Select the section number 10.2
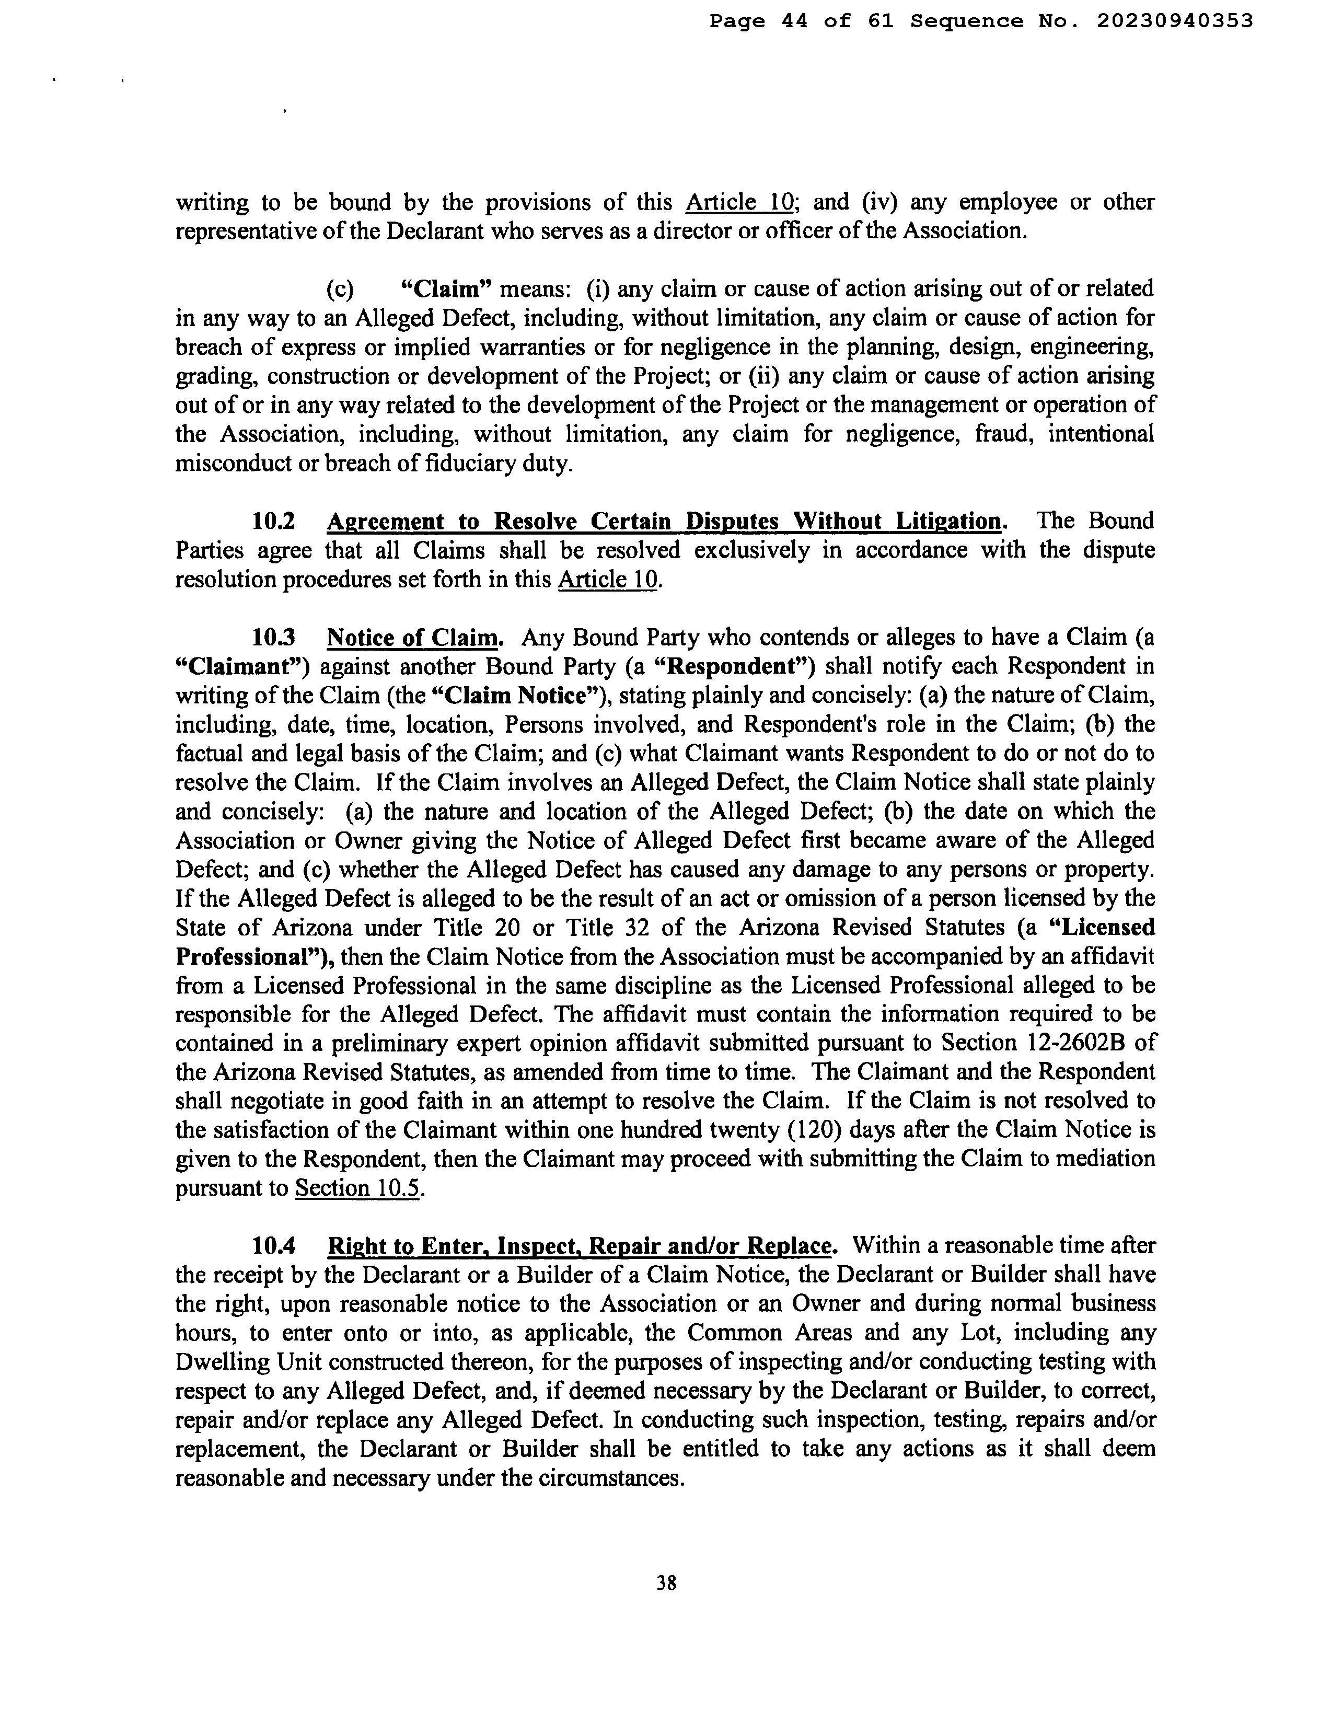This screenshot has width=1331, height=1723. click(x=273, y=522)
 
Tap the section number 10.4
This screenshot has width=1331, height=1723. click(x=273, y=1246)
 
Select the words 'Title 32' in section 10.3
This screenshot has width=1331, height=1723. click(x=602, y=927)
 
